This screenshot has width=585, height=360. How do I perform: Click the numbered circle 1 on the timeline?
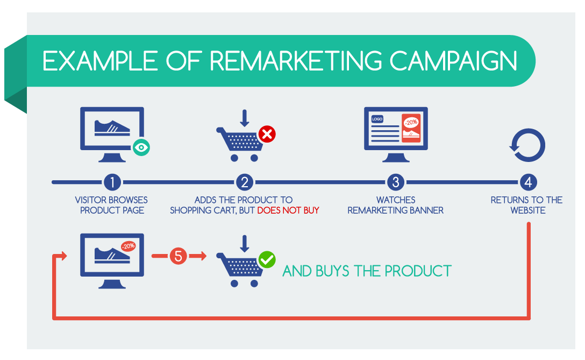(112, 182)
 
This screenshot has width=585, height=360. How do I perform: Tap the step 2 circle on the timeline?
(244, 182)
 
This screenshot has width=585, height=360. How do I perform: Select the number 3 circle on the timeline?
(396, 182)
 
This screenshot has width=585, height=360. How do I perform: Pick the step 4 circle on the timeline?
(529, 182)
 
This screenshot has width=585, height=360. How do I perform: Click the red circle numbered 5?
(179, 256)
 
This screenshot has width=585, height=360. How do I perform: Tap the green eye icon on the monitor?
(141, 147)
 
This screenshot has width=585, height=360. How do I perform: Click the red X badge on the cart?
(267, 134)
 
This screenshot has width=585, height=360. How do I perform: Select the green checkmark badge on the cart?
(267, 260)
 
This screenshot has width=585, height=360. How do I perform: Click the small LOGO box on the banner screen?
(377, 119)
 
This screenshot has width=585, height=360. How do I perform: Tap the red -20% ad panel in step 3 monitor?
(411, 128)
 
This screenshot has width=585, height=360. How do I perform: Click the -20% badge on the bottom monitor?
(129, 246)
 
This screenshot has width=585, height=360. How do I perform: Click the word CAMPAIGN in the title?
(454, 61)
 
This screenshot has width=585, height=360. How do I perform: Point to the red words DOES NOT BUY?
(288, 210)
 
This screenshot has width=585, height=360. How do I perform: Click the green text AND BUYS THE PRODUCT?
(367, 271)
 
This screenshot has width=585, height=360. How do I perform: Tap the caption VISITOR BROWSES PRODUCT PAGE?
(112, 205)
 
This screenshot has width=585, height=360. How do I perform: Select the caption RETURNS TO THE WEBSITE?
(527, 205)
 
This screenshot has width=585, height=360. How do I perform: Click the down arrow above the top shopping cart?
(244, 118)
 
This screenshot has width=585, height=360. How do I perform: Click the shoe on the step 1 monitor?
(112, 128)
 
